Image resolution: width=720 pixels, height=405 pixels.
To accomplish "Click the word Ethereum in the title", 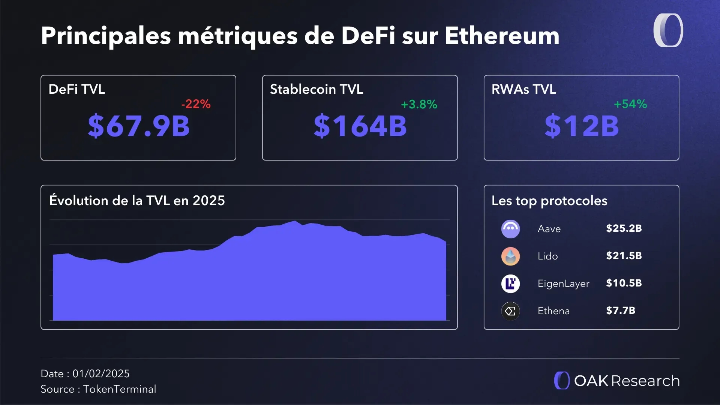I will (502, 36).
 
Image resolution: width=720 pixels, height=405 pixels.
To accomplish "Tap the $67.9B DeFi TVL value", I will (139, 126).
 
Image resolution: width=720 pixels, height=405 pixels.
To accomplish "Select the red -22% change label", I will (196, 104).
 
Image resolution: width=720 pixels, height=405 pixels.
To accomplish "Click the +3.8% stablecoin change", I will (419, 104).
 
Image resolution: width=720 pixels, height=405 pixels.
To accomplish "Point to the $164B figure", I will (360, 126).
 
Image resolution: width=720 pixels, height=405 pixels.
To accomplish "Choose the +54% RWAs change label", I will (630, 104).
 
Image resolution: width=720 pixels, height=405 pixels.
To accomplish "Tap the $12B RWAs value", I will (581, 126).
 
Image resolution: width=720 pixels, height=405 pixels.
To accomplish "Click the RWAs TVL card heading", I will (523, 89).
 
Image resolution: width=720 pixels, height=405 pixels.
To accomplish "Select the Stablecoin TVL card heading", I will (316, 89).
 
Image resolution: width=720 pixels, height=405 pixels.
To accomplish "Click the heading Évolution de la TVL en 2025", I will (137, 201).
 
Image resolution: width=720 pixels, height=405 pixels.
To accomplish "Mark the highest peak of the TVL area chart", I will (295, 221).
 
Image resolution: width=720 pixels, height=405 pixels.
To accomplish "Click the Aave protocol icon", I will (510, 229).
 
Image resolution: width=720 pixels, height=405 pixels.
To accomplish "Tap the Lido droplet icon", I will (510, 256).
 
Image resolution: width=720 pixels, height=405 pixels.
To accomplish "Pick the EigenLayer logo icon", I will (510, 283).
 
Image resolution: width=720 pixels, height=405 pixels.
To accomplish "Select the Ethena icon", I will (510, 311).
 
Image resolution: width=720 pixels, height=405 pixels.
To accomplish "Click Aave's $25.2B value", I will (624, 228).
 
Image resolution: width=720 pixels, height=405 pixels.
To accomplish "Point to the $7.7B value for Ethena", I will (621, 310).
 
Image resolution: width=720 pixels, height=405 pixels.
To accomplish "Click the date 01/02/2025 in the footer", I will (101, 373).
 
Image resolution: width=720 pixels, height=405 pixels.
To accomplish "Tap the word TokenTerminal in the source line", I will (120, 389).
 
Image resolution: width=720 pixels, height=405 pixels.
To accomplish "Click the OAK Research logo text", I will (626, 381).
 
